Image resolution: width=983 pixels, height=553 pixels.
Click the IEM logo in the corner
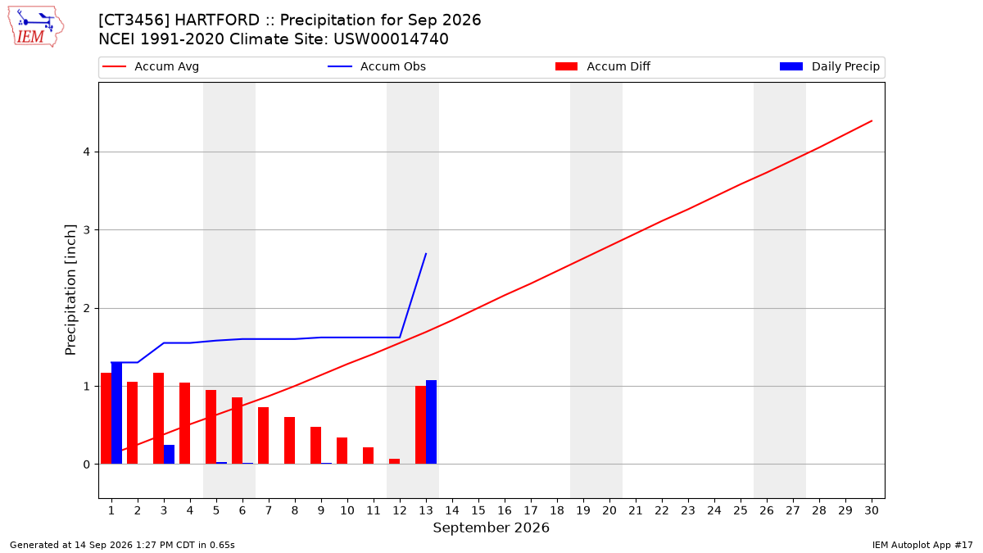[x=35, y=27]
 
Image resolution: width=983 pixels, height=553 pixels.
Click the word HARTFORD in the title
[x=217, y=20]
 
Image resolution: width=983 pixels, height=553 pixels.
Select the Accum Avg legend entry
[x=151, y=66]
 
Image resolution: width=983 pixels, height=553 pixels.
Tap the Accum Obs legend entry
[x=377, y=66]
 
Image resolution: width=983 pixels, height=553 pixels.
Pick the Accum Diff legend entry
[x=603, y=66]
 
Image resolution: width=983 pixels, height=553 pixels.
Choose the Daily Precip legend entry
[x=829, y=66]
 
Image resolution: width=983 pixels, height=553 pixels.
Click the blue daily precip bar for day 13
[x=431, y=422]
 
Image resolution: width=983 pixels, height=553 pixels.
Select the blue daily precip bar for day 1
[x=116, y=413]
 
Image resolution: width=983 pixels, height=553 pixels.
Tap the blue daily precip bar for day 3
[x=169, y=454]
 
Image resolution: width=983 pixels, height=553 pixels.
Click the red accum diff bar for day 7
[x=263, y=435]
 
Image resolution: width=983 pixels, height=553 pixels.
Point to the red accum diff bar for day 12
[x=395, y=461]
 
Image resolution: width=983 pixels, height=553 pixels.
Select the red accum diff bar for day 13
[x=420, y=425]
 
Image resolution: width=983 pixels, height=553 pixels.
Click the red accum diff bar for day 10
[x=342, y=451]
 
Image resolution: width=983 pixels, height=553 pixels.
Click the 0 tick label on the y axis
[x=86, y=465]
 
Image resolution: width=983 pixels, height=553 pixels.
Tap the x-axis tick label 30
[x=872, y=510]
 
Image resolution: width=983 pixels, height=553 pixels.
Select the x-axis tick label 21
[x=636, y=510]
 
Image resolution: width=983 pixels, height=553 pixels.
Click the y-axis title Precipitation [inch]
[x=70, y=290]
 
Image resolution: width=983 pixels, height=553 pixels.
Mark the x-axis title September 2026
[x=491, y=528]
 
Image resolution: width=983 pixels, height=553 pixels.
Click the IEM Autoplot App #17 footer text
[x=922, y=545]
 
